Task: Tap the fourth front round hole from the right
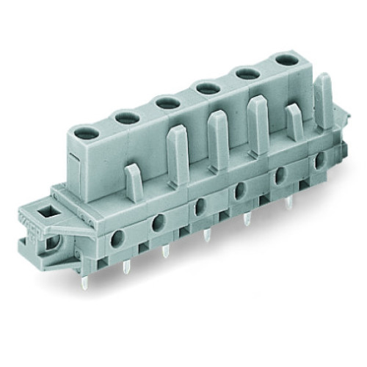pos(198,208)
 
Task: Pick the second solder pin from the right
pos(247,218)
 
